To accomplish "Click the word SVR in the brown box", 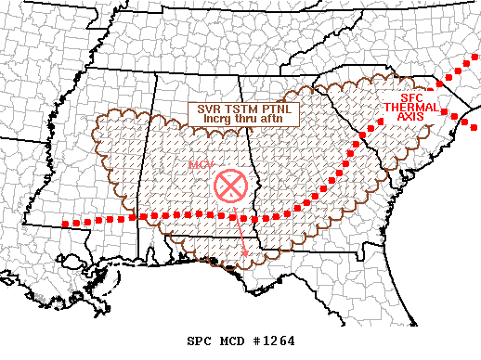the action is tap(210, 109).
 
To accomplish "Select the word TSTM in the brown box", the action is tap(238, 109).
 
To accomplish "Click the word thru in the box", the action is tap(243, 119).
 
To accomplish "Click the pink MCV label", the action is tap(201, 164).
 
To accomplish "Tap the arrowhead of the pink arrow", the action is tap(245, 253).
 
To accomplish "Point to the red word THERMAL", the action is tap(407, 109).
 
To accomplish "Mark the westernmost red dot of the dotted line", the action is tap(64, 224).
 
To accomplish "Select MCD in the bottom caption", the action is tap(232, 341).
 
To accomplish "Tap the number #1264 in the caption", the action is tap(272, 341).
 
